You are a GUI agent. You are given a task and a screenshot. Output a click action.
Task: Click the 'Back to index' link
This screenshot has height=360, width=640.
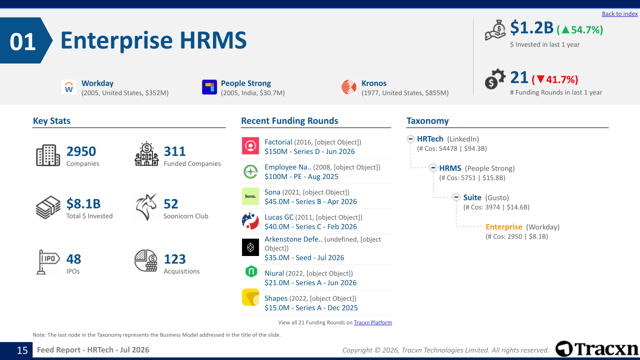(619, 13)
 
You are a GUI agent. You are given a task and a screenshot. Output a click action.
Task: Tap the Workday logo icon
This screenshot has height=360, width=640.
(69, 87)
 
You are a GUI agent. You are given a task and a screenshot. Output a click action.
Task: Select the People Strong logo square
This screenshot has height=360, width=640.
(209, 87)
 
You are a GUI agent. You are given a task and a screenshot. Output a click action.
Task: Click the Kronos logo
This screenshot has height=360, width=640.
(349, 87)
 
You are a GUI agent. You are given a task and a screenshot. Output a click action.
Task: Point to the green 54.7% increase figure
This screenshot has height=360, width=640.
(579, 29)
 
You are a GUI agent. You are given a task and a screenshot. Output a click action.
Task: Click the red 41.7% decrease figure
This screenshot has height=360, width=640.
(555, 79)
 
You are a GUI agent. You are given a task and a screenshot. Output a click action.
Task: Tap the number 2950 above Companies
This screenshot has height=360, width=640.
(81, 151)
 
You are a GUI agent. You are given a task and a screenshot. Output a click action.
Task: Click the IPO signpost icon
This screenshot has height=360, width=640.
(48, 262)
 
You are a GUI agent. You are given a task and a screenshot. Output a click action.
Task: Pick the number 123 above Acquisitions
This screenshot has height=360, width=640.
(175, 259)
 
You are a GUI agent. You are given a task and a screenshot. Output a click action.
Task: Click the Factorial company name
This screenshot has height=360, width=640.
(278, 142)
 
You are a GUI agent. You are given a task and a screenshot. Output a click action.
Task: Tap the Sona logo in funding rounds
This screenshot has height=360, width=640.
(250, 196)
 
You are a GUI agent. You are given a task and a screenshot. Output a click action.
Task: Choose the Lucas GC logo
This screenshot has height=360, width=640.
(250, 221)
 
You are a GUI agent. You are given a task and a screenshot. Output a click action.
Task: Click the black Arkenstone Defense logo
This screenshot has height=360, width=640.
(250, 247)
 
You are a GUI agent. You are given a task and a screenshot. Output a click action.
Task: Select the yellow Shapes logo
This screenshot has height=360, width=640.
(250, 297)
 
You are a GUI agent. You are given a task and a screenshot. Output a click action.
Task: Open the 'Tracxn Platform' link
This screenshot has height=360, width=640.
(373, 322)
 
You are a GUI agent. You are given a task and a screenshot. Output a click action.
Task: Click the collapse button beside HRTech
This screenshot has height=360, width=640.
(410, 139)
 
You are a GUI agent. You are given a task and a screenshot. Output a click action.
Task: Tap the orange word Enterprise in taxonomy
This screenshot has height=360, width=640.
(504, 227)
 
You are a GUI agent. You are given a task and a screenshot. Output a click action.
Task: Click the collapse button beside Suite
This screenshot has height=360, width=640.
(456, 197)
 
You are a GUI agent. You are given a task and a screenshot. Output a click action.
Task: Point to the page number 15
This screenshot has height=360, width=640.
(22, 350)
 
